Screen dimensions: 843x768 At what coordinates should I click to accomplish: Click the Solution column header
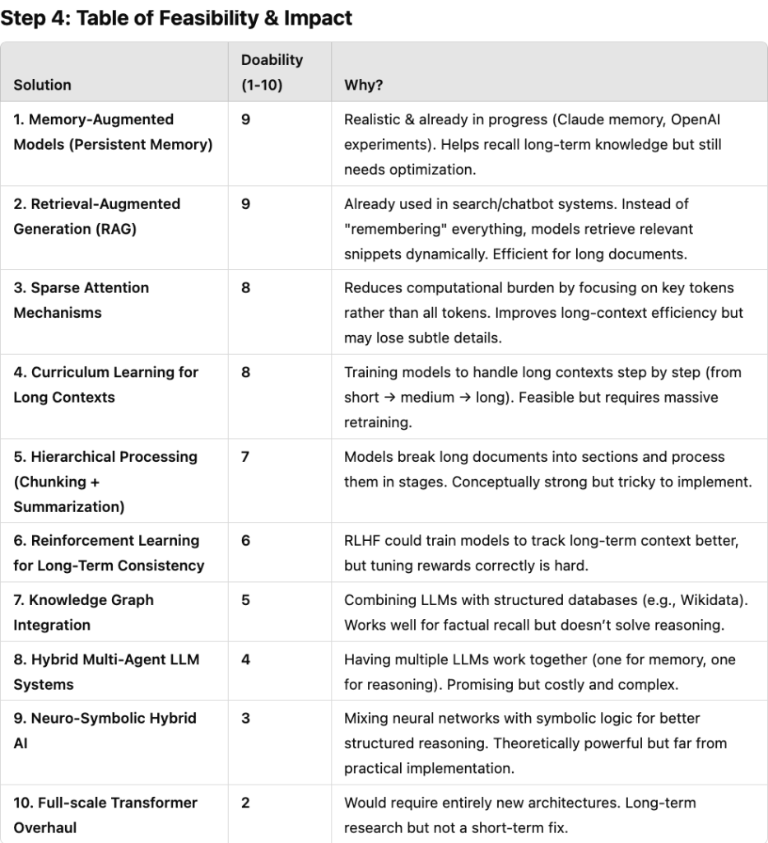click(42, 85)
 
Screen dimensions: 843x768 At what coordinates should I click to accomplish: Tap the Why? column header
click(363, 85)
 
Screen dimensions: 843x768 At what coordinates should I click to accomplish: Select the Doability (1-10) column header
click(272, 72)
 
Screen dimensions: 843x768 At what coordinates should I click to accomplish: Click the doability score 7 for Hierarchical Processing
click(245, 457)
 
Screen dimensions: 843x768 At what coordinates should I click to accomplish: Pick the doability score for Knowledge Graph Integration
click(245, 600)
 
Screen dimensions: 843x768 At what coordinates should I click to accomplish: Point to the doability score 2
click(245, 803)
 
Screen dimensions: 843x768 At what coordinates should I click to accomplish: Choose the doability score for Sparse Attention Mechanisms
click(245, 288)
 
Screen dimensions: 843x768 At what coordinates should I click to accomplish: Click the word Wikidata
click(714, 600)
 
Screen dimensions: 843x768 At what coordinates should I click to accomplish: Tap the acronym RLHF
click(362, 541)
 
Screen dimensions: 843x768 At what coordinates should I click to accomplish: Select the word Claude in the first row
click(579, 120)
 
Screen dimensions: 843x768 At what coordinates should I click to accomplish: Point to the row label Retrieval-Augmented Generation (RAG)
click(96, 216)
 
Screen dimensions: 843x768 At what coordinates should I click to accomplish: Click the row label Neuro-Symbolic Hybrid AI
click(105, 729)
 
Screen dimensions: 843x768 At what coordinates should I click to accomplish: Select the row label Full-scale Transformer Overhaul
click(105, 814)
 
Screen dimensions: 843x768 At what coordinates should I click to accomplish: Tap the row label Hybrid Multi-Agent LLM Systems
click(106, 672)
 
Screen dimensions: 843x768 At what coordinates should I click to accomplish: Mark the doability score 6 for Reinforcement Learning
click(245, 541)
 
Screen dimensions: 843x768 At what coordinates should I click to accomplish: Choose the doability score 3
click(245, 718)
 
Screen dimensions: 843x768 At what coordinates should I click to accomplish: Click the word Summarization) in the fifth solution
click(69, 507)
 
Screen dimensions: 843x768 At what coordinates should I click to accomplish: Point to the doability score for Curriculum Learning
click(245, 372)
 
